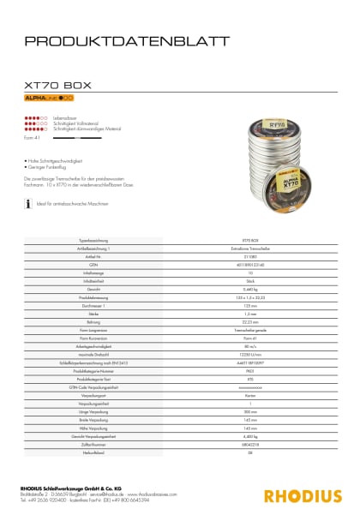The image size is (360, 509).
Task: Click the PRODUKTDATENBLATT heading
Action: pos(127,40)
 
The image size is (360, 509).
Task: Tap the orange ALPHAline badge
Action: pos(49,99)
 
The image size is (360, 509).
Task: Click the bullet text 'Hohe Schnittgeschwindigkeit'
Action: pos(59,160)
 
